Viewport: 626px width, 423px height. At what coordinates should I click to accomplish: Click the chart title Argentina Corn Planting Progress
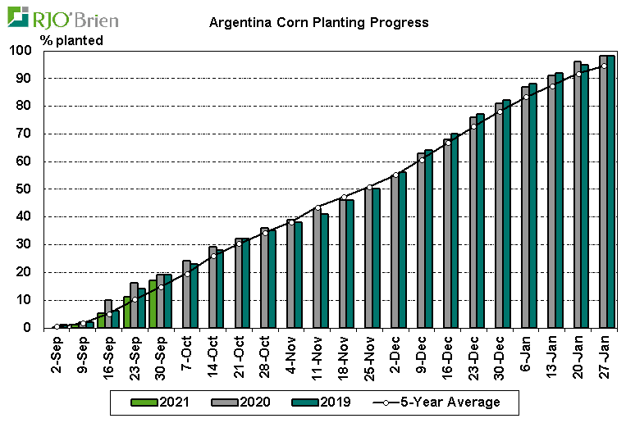click(x=318, y=22)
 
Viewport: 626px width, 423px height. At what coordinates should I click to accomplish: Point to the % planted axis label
click(x=71, y=39)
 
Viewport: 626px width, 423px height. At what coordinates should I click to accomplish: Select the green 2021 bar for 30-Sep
click(x=153, y=303)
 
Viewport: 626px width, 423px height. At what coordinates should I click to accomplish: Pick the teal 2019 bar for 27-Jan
click(x=611, y=192)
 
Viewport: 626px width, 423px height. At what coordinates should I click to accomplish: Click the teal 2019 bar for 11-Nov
click(x=325, y=271)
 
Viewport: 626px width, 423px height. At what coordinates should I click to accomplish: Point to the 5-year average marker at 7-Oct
click(x=187, y=274)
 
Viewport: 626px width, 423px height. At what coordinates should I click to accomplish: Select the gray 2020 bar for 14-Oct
click(x=212, y=287)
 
